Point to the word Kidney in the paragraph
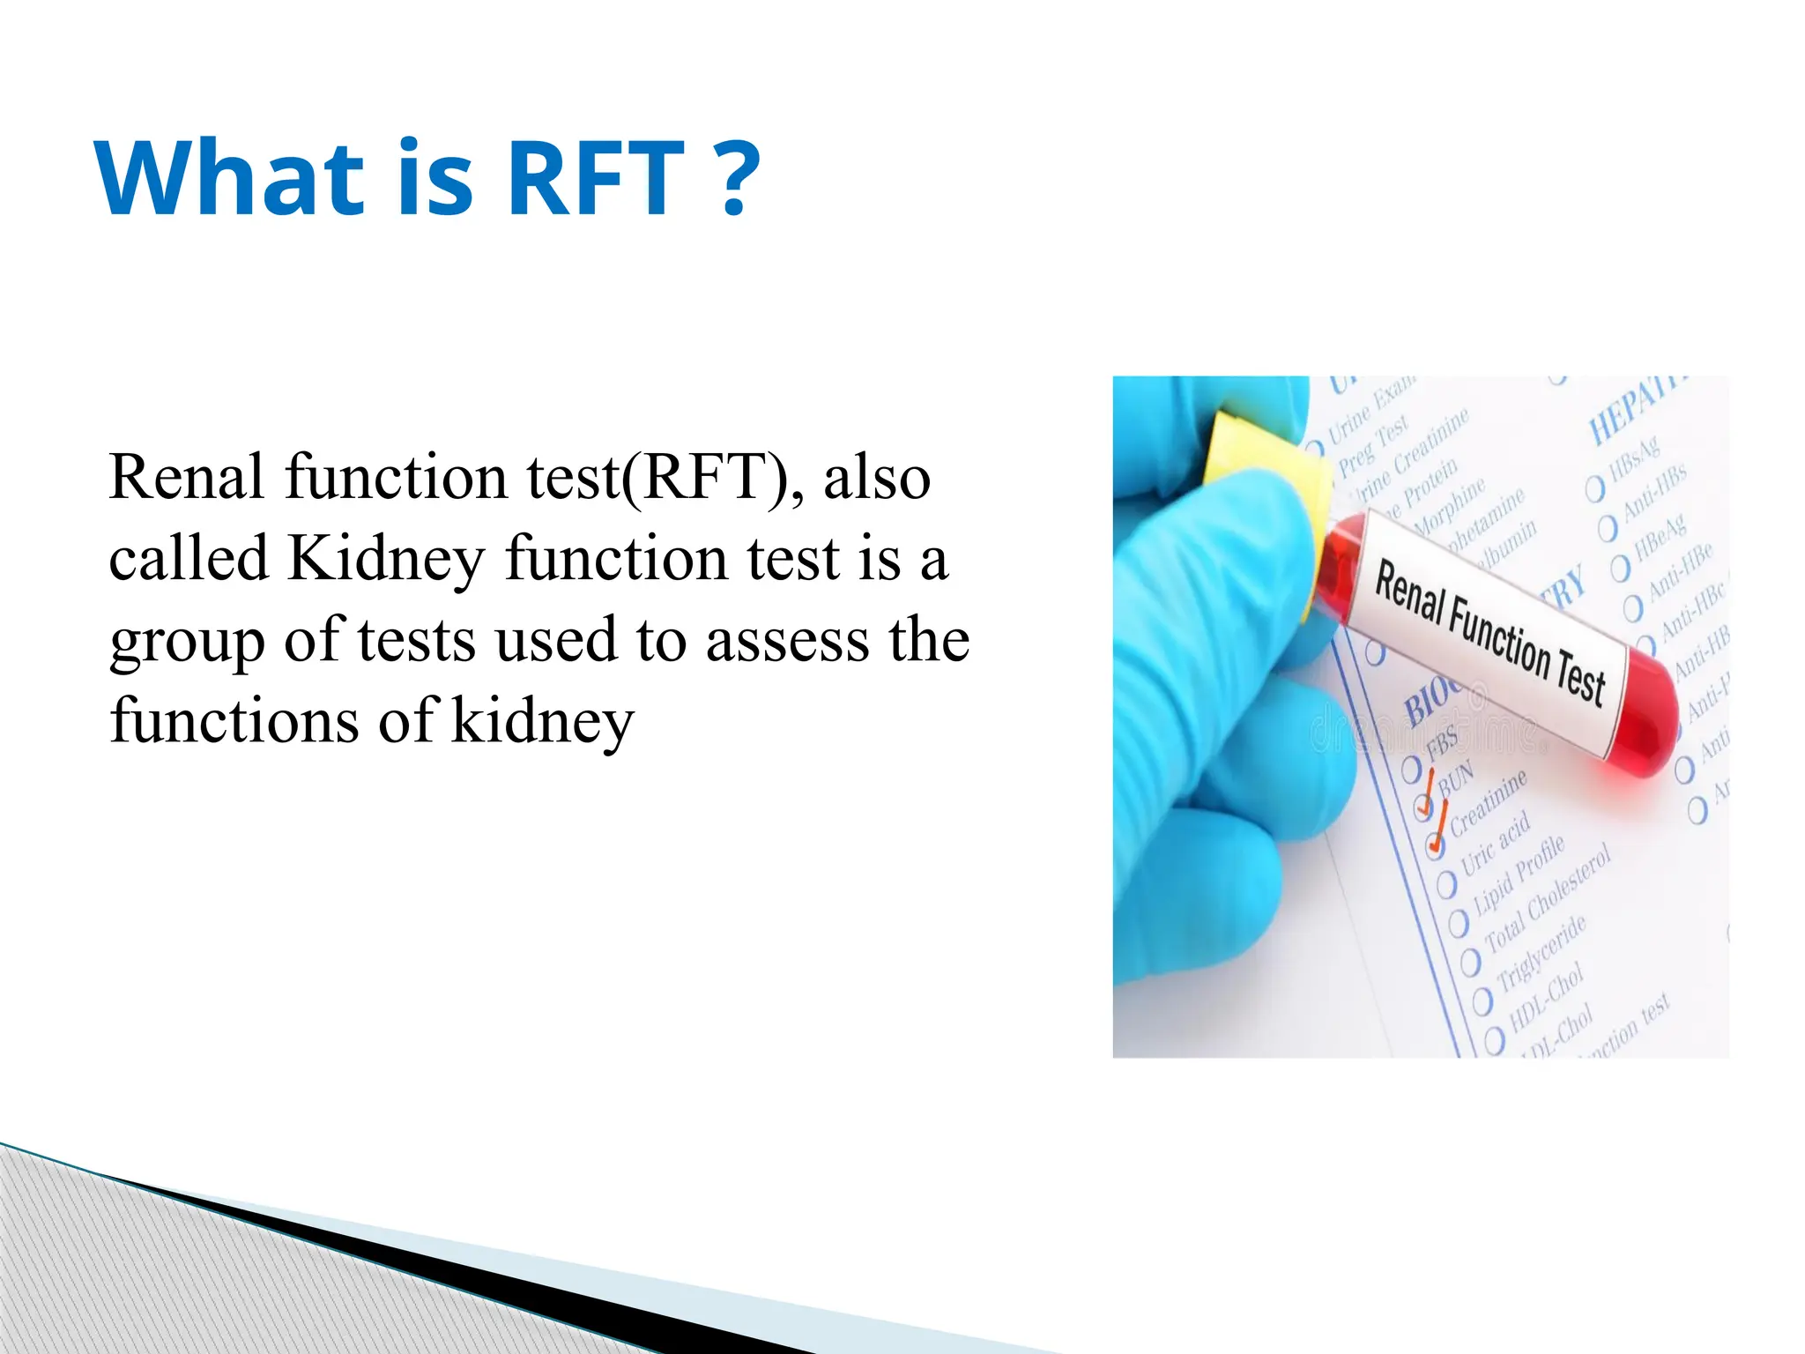click(386, 560)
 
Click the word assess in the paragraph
click(787, 641)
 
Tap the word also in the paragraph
click(876, 478)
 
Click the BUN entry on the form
click(1455, 778)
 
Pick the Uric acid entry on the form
click(1496, 844)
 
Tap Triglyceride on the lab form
click(1541, 955)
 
